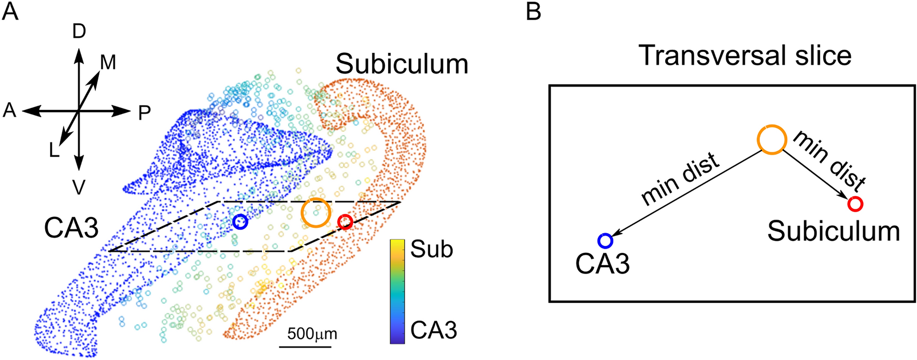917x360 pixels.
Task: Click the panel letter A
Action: (x=10, y=11)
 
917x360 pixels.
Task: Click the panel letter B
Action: (x=533, y=11)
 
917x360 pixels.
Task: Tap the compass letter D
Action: (x=79, y=32)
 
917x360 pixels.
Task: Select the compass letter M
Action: (x=108, y=63)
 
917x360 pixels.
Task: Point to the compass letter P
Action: (x=144, y=112)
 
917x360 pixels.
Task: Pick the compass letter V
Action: (x=79, y=188)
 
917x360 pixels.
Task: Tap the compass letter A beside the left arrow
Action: (x=10, y=110)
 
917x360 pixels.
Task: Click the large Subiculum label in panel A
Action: (x=402, y=65)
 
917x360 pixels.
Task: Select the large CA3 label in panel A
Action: (x=71, y=228)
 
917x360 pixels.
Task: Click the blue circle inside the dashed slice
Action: (x=240, y=222)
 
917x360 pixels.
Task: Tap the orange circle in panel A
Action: (x=316, y=212)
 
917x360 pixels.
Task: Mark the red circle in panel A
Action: (x=345, y=222)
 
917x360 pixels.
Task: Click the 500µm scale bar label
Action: (x=312, y=334)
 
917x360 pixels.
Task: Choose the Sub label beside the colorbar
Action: (x=432, y=250)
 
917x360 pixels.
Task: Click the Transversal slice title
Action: (x=745, y=55)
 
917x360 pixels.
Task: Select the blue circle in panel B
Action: (x=605, y=241)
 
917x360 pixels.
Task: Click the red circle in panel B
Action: (x=855, y=204)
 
